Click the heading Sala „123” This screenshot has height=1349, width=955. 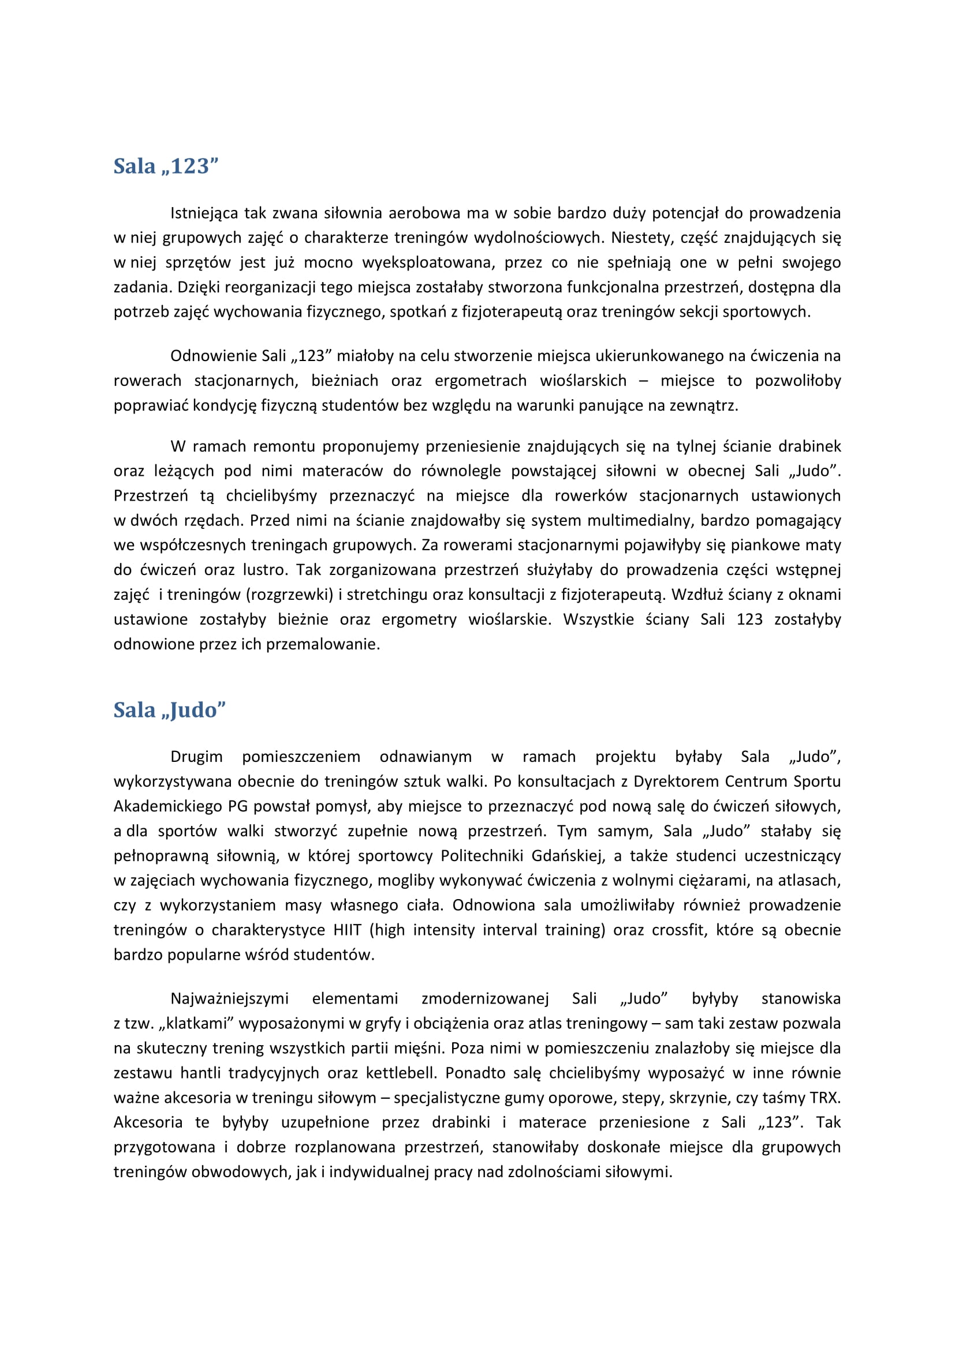pos(166,166)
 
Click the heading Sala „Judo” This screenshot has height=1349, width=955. pos(169,710)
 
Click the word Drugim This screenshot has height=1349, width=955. pos(196,757)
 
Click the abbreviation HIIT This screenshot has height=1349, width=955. pos(347,930)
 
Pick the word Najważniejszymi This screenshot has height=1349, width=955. pos(229,998)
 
